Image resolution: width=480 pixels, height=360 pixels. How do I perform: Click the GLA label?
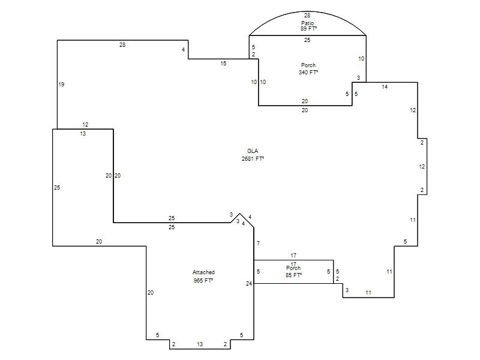[x=252, y=151]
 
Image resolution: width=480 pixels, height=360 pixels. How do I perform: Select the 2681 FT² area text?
[x=253, y=159]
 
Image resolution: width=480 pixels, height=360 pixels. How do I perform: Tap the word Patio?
[x=307, y=23]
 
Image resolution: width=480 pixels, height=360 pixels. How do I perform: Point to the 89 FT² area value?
[x=307, y=29]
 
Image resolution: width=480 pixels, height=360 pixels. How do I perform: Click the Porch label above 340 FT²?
[x=308, y=65]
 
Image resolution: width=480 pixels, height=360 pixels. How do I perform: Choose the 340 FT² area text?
[x=308, y=73]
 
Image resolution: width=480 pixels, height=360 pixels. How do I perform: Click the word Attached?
[x=203, y=272]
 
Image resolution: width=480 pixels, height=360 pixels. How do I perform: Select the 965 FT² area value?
[x=203, y=280]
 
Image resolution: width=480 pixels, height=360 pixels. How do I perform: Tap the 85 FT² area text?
[x=293, y=275]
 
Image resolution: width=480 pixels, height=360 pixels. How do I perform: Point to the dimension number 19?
[x=61, y=85]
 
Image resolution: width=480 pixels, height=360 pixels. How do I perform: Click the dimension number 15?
[x=223, y=64]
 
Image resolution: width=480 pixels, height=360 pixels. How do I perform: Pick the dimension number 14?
[x=385, y=88]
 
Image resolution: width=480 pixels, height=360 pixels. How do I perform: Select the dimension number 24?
[x=249, y=283]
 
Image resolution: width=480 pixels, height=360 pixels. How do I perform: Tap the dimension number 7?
[x=258, y=244]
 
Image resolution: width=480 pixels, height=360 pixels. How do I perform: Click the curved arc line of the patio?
[x=270, y=20]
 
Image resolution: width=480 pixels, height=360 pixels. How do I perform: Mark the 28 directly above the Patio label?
[x=307, y=16]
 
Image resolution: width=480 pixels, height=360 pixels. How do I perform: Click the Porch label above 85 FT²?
[x=293, y=268]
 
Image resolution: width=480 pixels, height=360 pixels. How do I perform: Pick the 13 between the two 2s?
[x=200, y=344]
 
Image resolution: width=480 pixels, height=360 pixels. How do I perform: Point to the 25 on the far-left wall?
[x=57, y=188]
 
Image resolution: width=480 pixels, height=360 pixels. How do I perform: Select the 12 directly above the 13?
[x=85, y=125]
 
